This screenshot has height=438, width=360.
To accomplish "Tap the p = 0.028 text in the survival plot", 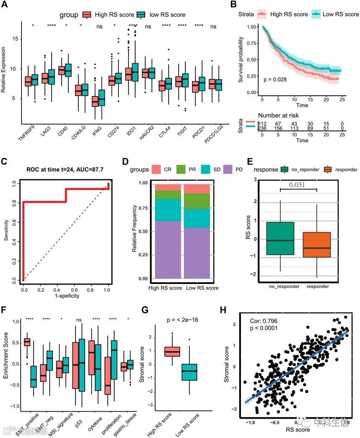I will pyautogui.click(x=275, y=79).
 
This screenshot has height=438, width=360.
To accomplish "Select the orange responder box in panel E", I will pyautogui.click(x=316, y=245).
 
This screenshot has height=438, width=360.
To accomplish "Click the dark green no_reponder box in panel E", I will pyautogui.click(x=280, y=238).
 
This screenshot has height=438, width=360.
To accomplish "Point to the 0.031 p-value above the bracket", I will pyautogui.click(x=298, y=185).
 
